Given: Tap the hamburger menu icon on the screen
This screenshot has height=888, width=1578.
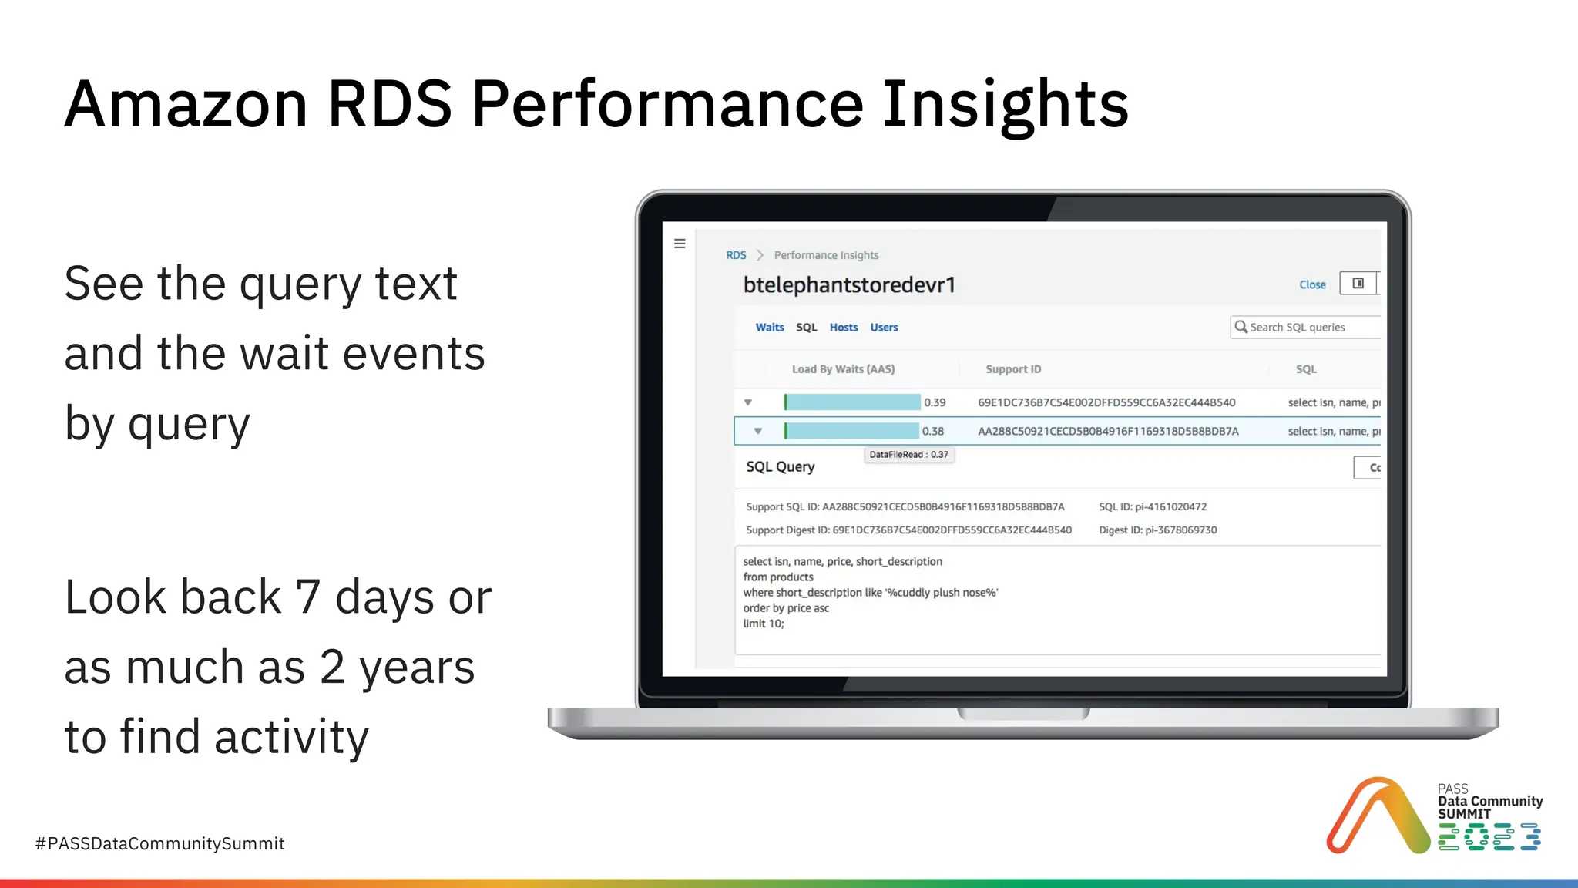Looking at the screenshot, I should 680,244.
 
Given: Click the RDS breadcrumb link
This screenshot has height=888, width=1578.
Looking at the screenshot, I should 736,255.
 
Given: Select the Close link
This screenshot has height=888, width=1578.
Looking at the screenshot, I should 1312,284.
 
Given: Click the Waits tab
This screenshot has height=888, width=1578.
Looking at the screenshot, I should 769,328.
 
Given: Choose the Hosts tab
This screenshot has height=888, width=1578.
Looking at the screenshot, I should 844,328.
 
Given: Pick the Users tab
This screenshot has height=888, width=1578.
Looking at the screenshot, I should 884,328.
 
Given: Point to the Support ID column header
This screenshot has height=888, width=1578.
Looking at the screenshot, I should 1013,369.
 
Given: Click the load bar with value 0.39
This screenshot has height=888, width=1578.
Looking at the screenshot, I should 852,402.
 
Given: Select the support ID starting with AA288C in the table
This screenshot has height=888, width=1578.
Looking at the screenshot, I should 1108,432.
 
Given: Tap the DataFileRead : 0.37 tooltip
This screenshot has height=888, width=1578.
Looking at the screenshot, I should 908,455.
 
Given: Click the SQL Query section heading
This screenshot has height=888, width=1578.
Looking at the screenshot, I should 780,467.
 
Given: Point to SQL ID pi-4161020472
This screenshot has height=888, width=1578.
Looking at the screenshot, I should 1153,507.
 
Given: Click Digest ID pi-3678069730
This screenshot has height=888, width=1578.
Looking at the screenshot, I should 1157,530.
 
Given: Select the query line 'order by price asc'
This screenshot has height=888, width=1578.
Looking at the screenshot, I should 786,608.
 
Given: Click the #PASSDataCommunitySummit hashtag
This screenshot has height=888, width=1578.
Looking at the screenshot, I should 160,844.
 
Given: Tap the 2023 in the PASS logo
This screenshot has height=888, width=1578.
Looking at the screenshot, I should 1489,837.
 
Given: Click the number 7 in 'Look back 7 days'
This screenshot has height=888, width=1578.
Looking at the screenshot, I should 307,597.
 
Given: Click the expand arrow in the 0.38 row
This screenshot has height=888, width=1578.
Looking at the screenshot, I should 758,432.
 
